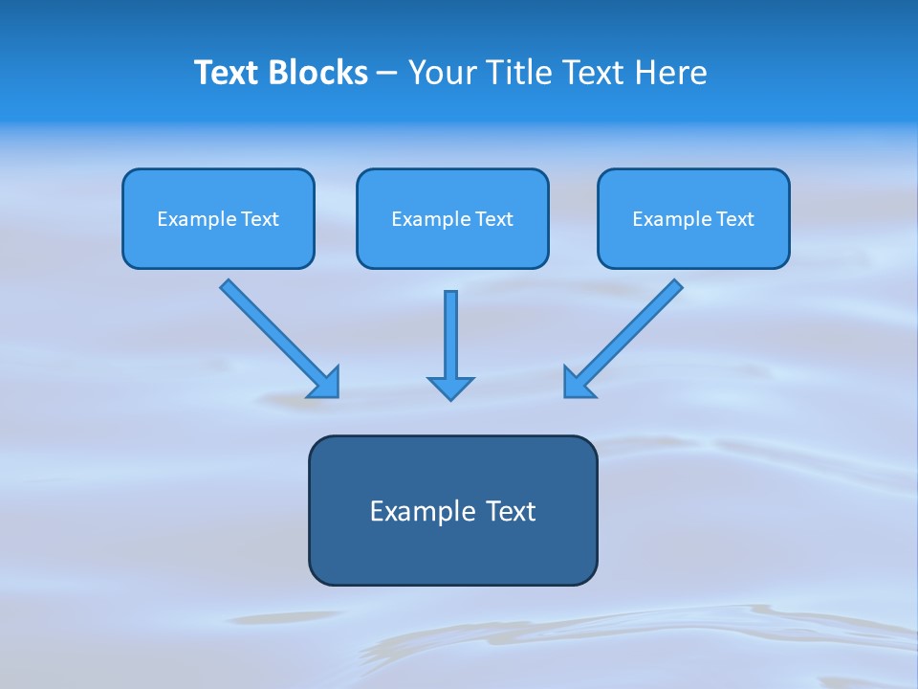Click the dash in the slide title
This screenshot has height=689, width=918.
tap(387, 74)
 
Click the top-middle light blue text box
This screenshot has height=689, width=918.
tap(452, 244)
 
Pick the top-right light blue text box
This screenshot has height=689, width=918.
tap(693, 244)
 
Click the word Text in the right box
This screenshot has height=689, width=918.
tap(734, 219)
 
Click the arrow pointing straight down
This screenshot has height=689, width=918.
tap(450, 335)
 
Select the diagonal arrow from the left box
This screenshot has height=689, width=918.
tap(273, 331)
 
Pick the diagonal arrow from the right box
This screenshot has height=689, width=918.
tap(631, 331)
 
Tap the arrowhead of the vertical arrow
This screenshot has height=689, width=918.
tap(450, 387)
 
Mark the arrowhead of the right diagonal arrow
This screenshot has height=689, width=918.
tap(578, 384)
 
